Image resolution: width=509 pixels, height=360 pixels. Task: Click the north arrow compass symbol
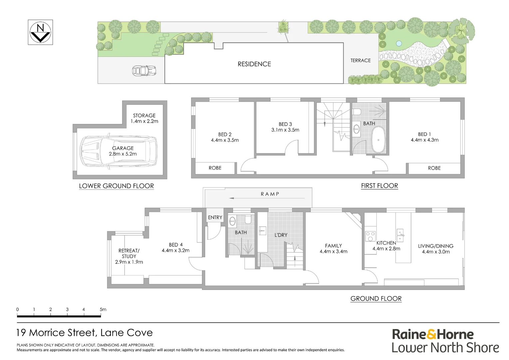40,32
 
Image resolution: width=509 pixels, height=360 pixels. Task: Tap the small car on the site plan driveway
144,71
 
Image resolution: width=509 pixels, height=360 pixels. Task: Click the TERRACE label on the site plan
360,60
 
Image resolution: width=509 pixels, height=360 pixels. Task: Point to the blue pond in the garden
398,43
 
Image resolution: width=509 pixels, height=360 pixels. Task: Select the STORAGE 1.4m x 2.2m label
144,118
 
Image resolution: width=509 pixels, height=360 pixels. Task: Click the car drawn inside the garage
118,151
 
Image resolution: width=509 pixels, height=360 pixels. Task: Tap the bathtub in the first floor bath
378,140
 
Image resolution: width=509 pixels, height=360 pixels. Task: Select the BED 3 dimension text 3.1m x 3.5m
285,130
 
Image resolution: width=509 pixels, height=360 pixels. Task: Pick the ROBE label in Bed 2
215,168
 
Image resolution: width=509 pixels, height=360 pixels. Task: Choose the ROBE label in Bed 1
434,168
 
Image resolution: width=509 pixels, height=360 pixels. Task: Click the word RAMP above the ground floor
270,194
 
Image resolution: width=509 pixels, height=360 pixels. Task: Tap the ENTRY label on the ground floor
215,217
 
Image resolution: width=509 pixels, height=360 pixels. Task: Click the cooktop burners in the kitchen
370,236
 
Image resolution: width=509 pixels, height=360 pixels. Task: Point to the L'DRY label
281,235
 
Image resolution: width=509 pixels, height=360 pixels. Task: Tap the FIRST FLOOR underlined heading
379,186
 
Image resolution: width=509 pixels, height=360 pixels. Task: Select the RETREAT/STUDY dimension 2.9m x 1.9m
129,262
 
